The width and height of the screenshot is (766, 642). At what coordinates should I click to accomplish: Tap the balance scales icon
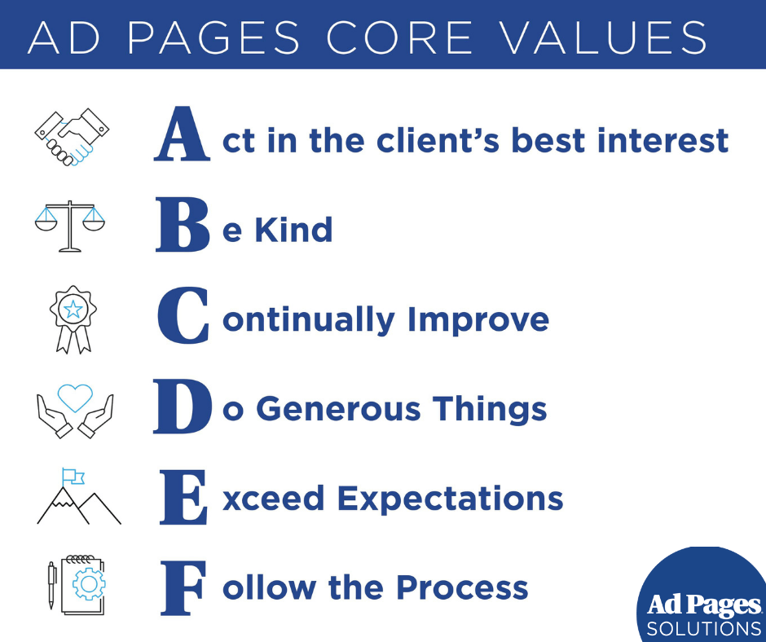[70, 226]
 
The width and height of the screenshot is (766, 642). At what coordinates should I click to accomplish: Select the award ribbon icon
[73, 319]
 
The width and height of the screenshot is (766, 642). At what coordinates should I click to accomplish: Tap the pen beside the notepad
[51, 585]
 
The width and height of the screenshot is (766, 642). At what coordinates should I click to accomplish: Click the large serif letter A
[183, 134]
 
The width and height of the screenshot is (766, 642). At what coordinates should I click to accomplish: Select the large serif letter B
[183, 224]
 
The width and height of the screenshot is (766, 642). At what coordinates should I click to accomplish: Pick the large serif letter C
[183, 315]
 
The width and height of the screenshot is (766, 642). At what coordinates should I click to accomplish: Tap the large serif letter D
[183, 406]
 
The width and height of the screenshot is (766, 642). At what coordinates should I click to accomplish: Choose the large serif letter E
[183, 497]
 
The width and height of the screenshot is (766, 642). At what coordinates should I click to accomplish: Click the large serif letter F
[183, 587]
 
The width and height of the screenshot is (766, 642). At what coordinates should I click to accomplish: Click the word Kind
[293, 230]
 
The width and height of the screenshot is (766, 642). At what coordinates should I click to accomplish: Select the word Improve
[478, 322]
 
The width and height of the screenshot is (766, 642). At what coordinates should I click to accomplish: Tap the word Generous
[338, 409]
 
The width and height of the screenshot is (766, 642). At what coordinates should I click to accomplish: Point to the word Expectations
[451, 499]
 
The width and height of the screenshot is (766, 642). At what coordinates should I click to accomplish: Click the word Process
[462, 587]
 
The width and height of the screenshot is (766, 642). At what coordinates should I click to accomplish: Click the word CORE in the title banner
[399, 37]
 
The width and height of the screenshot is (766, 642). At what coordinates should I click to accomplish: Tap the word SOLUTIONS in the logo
[703, 628]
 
